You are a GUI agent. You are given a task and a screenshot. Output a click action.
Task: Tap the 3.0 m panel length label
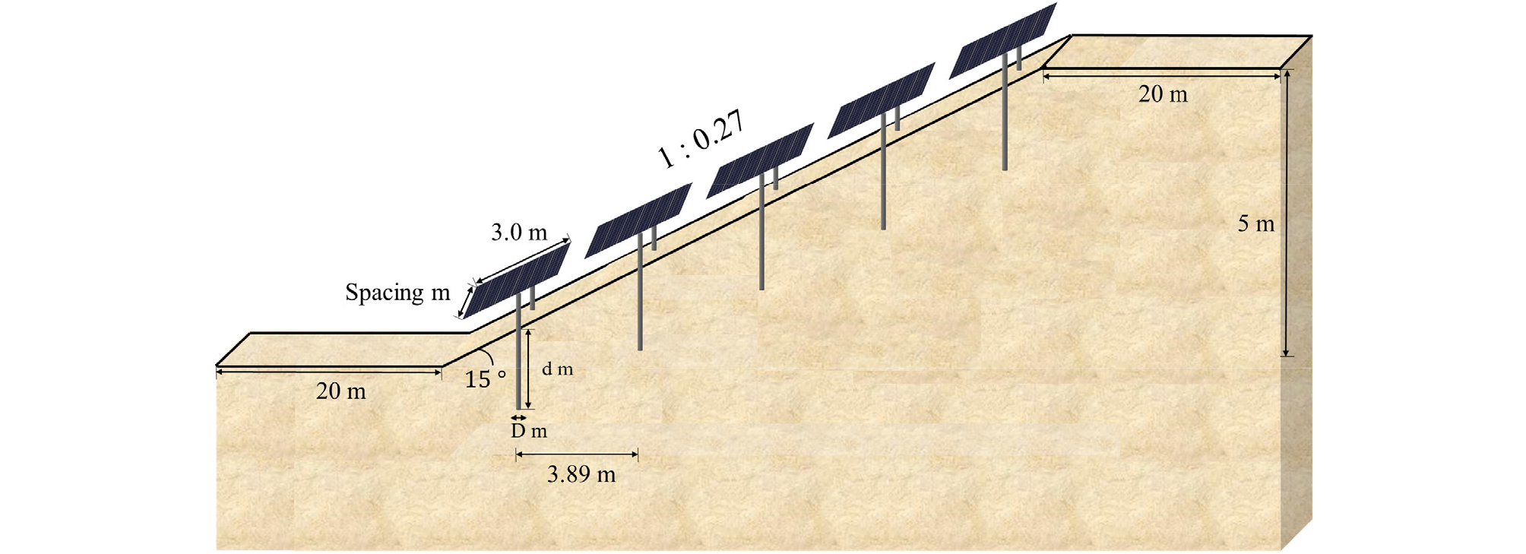[519, 233]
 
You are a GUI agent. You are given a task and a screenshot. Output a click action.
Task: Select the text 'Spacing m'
[397, 293]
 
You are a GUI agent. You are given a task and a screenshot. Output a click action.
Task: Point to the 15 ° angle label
[486, 378]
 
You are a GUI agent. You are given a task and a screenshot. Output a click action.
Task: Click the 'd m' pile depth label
[557, 369]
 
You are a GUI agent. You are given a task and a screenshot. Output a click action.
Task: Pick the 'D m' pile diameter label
[529, 431]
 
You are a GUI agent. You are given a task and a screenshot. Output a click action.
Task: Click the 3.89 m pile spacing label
[581, 474]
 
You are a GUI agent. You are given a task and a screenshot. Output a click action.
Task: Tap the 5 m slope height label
[1256, 223]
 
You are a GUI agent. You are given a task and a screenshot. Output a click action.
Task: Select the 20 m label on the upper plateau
[1163, 93]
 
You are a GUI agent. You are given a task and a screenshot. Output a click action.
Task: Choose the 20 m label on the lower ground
[341, 391]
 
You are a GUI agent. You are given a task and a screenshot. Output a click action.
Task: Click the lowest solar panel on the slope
[517, 280]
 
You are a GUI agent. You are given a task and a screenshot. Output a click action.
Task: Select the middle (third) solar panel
[760, 160]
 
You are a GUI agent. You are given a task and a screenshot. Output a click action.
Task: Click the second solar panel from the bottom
[638, 220]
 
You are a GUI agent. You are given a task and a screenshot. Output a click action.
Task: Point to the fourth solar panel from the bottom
[882, 100]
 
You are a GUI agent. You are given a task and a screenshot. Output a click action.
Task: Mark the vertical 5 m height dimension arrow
[1286, 213]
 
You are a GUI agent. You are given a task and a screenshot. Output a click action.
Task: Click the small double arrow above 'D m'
[518, 417]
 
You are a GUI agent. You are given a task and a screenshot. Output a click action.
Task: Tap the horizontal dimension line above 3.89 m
[577, 455]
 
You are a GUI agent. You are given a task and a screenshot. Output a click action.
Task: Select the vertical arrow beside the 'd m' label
[529, 369]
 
